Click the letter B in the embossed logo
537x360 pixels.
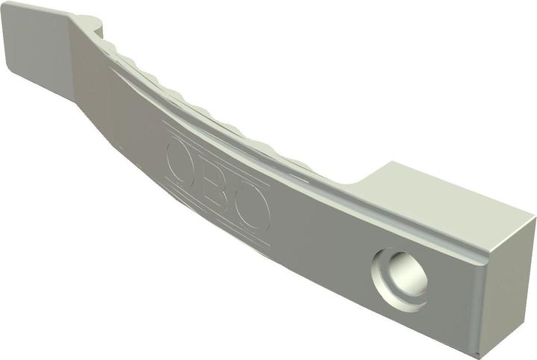click(x=213, y=187)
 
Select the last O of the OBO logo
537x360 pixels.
click(x=254, y=209)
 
